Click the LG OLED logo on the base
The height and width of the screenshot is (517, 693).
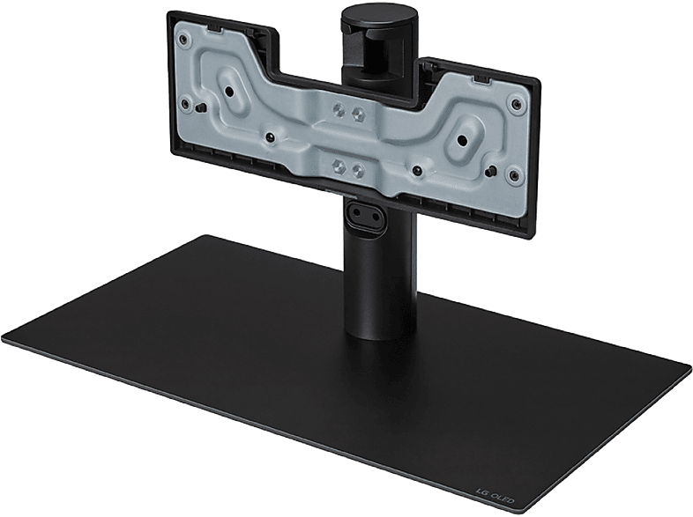pos(495,494)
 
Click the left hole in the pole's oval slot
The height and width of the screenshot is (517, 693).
pos(355,211)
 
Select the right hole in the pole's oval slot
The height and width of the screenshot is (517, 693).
pos(376,218)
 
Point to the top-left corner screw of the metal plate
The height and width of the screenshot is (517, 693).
pos(183,40)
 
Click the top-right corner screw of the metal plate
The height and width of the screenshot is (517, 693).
pos(516,103)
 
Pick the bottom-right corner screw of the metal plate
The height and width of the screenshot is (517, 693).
pos(513,176)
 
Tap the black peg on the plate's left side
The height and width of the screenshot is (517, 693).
pos(201,107)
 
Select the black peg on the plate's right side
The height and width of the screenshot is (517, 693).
pos(490,171)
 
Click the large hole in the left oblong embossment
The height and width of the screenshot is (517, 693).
pos(229,92)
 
